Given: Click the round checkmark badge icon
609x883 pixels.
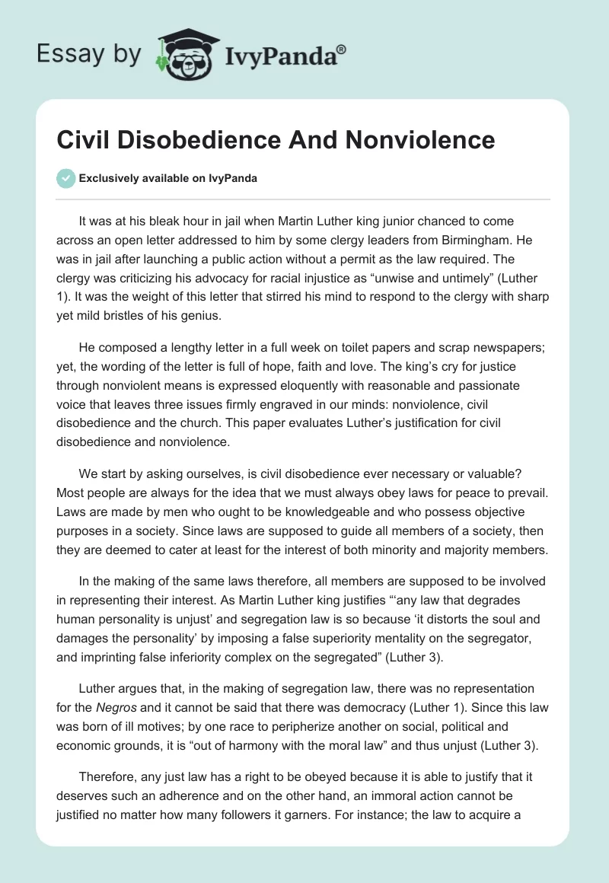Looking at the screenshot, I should click(65, 179).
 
